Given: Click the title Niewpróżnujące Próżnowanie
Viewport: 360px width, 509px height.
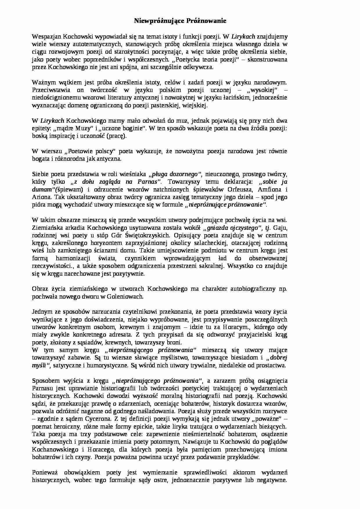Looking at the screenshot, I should tap(180, 21).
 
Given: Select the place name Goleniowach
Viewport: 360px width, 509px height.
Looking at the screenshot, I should tap(125, 297).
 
